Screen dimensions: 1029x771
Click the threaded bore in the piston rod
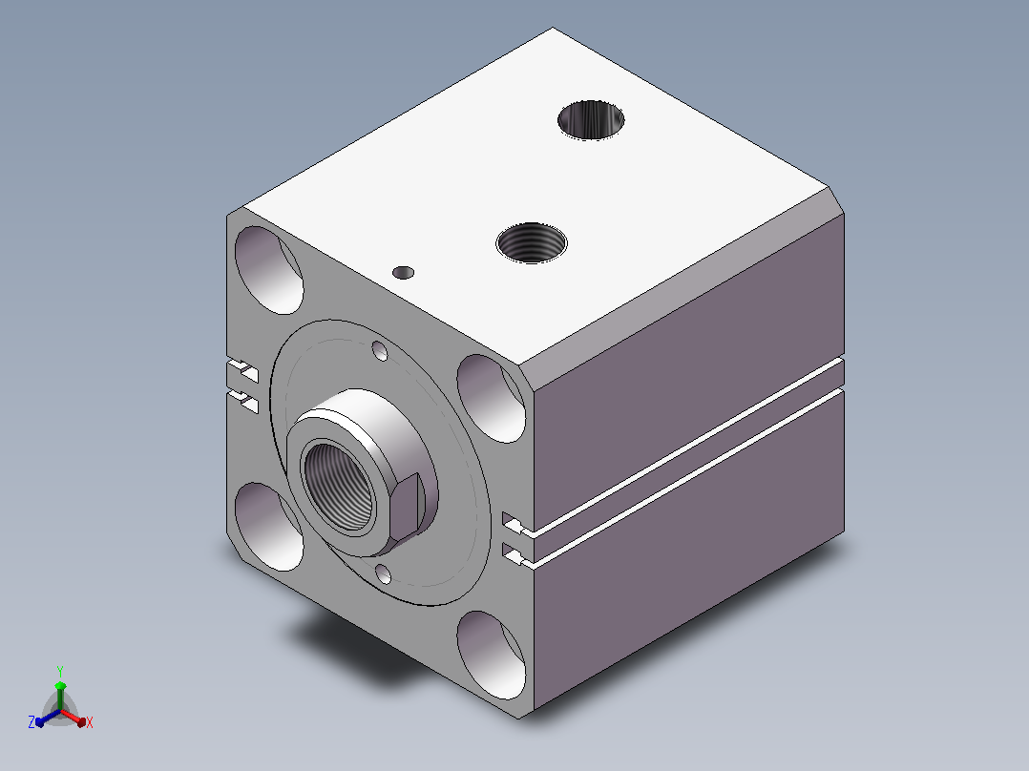340,487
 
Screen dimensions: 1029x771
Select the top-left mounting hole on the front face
269,270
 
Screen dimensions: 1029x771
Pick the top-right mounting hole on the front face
492,398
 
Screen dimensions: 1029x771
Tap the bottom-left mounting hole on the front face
269,527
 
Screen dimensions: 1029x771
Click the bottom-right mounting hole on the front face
492,655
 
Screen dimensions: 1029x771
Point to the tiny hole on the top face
403,272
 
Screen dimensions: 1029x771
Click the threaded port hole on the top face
532,242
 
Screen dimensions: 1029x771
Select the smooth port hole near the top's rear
591,119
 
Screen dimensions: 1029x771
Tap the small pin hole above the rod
380,351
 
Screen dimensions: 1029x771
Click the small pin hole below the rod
384,574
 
